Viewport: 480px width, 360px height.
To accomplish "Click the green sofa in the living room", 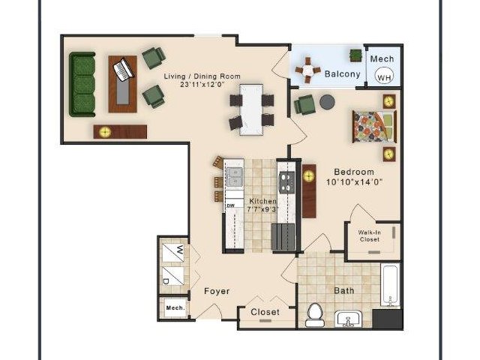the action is click(82, 84).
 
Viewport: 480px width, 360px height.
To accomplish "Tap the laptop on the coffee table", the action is click(124, 70).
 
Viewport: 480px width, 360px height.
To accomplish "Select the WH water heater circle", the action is click(384, 76).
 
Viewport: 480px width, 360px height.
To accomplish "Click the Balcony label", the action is click(342, 74).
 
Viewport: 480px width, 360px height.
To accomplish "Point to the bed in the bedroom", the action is click(374, 127).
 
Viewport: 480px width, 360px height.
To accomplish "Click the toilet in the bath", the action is click(315, 314).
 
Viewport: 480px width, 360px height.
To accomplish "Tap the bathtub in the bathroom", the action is click(390, 285).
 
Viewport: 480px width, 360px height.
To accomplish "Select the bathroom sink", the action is click(348, 319).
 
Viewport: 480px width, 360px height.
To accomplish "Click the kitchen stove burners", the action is click(286, 182).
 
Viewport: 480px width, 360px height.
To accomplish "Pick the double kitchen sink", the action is click(234, 177).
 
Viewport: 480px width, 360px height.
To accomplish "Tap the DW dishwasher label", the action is click(231, 205).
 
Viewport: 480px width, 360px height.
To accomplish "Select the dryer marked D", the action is click(173, 276).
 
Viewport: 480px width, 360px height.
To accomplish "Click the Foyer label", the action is click(217, 291).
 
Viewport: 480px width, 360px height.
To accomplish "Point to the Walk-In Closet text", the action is click(370, 236).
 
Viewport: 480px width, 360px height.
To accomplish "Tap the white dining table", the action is click(251, 109).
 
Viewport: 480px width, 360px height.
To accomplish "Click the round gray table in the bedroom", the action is click(327, 102).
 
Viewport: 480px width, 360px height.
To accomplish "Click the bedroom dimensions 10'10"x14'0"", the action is click(355, 182).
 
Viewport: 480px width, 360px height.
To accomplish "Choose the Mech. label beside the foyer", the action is click(175, 307).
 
